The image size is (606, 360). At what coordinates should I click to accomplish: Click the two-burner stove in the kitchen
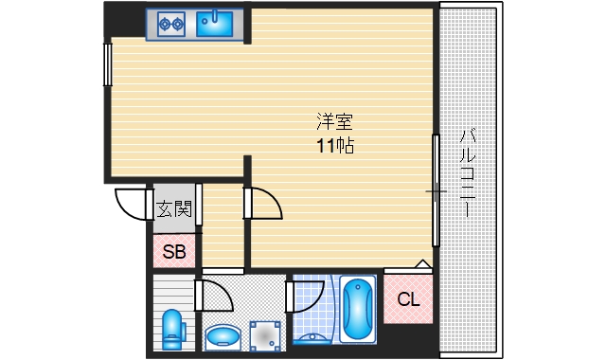tap(170, 22)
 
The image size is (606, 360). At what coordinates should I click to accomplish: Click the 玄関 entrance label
tap(173, 207)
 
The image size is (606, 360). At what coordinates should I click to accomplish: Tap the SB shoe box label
tap(173, 251)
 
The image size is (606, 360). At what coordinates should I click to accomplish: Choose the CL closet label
tap(408, 300)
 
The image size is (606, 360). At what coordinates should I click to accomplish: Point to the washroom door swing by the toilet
tap(217, 296)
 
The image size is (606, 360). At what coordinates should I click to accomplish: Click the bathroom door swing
tap(306, 295)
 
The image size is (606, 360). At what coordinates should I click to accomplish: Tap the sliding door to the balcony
tap(436, 189)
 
